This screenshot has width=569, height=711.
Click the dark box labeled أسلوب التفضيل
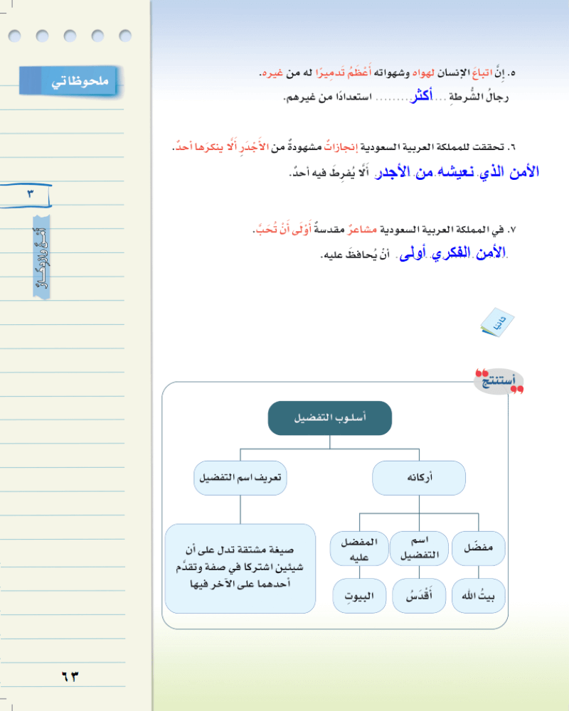pos(330,418)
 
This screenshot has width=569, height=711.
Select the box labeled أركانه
pos(419,479)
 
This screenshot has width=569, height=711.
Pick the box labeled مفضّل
pos(479,549)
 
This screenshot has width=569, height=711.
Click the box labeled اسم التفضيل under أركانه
pos(418,549)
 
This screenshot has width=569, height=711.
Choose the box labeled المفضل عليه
pos(359,549)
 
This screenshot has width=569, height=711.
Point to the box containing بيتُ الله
pos(479,596)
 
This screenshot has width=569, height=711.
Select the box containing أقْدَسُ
pos(418,596)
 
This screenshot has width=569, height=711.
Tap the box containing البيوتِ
pos(359,596)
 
